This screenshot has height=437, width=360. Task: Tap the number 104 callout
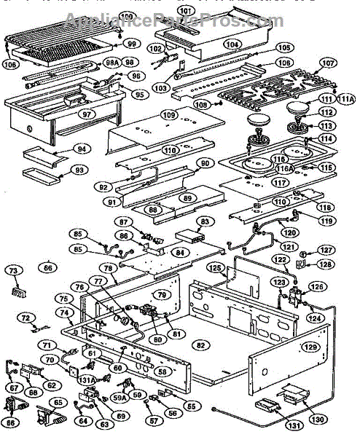(x=232, y=44)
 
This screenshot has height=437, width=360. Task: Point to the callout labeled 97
(x=86, y=115)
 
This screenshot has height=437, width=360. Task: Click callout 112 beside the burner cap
(x=327, y=111)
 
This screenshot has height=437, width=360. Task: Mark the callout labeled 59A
(x=120, y=398)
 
